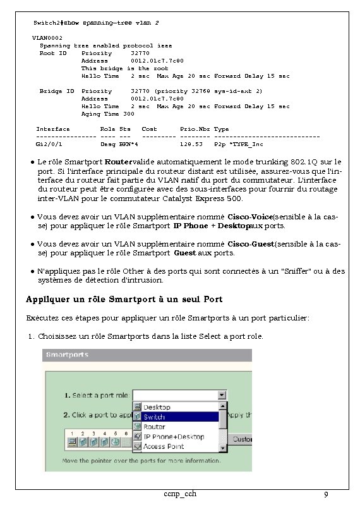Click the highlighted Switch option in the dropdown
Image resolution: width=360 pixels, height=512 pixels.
click(155, 417)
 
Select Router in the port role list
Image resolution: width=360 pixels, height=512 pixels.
click(155, 427)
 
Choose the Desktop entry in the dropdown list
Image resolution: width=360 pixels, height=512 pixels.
click(157, 407)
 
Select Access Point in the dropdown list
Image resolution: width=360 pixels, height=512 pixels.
click(163, 446)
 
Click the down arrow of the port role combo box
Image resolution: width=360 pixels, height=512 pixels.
click(222, 395)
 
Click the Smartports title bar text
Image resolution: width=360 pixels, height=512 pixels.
click(66, 355)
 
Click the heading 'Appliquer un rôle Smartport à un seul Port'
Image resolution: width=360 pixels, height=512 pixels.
click(124, 298)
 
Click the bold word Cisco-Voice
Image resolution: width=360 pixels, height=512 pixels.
click(249, 216)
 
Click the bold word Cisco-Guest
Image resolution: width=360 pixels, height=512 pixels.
click(250, 243)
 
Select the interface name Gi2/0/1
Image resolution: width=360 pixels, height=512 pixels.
click(49, 144)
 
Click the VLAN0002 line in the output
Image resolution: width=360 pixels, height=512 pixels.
click(47, 38)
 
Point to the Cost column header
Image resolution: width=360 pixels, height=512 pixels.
click(149, 129)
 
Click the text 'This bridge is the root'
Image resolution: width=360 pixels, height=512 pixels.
click(124, 68)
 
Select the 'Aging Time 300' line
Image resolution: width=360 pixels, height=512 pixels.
click(107, 114)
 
